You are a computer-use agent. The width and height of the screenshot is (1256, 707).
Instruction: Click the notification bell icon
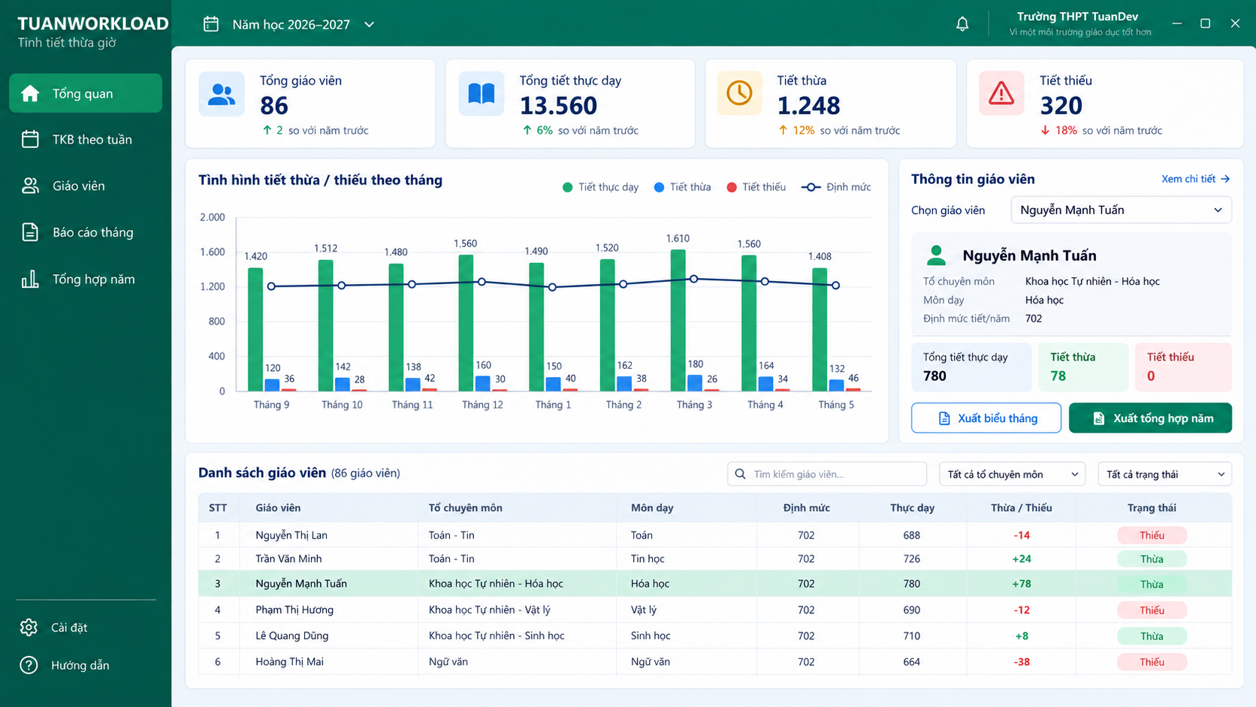pyautogui.click(x=962, y=23)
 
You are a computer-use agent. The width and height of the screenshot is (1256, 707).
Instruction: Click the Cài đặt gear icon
pyautogui.click(x=29, y=627)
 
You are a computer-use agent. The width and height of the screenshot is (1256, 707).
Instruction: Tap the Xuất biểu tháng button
pyautogui.click(x=986, y=418)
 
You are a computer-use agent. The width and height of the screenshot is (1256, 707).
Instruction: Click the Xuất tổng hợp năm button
pyautogui.click(x=1150, y=418)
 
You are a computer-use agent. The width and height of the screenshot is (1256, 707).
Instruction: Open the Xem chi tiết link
pyautogui.click(x=1195, y=179)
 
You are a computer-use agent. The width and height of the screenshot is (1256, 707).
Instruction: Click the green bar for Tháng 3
pyautogui.click(x=678, y=320)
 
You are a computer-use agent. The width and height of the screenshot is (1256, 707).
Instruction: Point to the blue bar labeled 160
pyautogui.click(x=482, y=383)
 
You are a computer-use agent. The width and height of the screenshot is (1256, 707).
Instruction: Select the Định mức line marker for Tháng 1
pyautogui.click(x=552, y=287)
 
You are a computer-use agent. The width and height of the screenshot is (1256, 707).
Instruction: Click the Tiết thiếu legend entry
pyautogui.click(x=756, y=187)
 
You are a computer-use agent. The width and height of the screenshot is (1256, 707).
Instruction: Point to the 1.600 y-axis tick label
pyautogui.click(x=213, y=252)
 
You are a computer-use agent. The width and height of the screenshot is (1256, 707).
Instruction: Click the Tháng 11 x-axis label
pyautogui.click(x=412, y=405)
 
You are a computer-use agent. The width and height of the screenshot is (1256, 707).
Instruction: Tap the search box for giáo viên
pyautogui.click(x=826, y=474)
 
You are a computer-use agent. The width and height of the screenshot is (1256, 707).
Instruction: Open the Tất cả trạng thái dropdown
pyautogui.click(x=1164, y=474)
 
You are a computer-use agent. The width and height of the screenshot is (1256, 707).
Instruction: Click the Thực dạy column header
pyautogui.click(x=912, y=508)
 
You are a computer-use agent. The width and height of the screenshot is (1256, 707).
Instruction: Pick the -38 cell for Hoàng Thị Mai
pyautogui.click(x=1022, y=662)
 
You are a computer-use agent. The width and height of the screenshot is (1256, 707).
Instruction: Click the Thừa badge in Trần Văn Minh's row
pyautogui.click(x=1152, y=559)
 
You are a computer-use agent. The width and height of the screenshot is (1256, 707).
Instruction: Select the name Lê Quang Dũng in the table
pyautogui.click(x=291, y=636)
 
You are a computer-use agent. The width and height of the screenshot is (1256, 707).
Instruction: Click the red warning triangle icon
pyautogui.click(x=1001, y=93)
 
